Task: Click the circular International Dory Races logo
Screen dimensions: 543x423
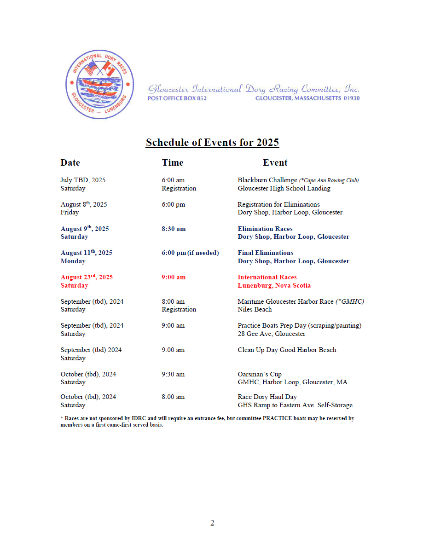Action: (100, 84)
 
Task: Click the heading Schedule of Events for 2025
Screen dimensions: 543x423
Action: (212, 142)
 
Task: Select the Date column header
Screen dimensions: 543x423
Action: (70, 162)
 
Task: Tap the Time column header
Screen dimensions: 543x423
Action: (173, 162)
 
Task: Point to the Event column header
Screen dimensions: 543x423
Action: (275, 162)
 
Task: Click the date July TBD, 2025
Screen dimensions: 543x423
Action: (83, 180)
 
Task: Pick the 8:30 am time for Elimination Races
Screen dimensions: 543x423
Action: (174, 229)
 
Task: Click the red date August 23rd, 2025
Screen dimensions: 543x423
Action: (87, 277)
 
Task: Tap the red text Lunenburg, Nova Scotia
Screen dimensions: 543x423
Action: (274, 285)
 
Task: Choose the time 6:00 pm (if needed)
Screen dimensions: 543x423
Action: (190, 253)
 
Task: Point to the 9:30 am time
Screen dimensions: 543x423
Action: (173, 374)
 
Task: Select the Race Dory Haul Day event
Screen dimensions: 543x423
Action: (267, 397)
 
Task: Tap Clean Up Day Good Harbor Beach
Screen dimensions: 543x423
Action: (287, 350)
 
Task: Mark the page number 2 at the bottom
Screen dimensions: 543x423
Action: (212, 523)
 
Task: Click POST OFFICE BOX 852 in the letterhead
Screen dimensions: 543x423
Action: (177, 98)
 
